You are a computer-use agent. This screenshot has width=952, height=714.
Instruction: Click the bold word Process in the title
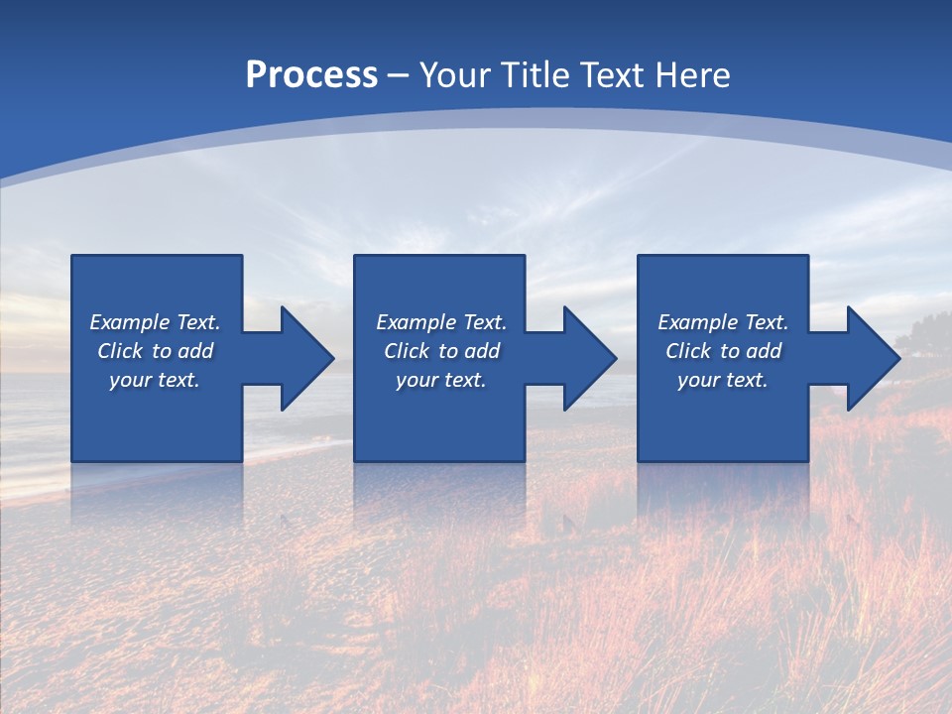(311, 75)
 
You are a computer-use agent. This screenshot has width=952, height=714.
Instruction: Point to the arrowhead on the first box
(303, 358)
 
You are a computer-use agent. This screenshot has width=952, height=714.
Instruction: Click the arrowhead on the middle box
(586, 358)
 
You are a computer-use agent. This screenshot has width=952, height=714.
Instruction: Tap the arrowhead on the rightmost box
(870, 358)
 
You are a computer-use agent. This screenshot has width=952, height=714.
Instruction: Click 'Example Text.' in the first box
(155, 322)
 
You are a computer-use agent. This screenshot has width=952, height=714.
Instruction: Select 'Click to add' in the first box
(155, 351)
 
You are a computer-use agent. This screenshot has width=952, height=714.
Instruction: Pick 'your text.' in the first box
(155, 380)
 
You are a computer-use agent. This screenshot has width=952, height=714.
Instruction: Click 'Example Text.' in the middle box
(441, 322)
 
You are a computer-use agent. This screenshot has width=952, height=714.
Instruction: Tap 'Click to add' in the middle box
(441, 351)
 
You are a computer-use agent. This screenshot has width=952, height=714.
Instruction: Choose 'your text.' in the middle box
(441, 380)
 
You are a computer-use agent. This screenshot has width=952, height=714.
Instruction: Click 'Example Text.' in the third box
(723, 322)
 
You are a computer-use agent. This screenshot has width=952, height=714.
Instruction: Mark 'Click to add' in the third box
(723, 351)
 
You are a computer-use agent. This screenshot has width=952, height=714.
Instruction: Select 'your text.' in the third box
(723, 380)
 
